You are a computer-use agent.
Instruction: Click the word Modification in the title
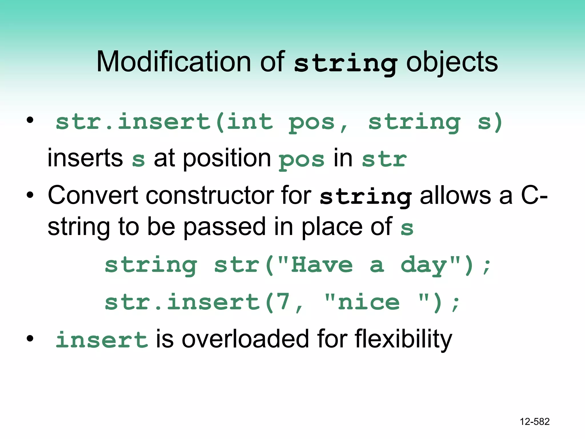(174, 62)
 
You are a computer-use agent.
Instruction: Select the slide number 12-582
(534, 422)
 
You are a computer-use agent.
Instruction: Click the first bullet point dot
(30, 120)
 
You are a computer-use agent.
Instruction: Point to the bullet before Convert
(30, 195)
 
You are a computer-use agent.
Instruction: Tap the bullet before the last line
(30, 339)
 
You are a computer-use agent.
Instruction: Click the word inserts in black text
(85, 158)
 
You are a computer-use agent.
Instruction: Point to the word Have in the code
(322, 265)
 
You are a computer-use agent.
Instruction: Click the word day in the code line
(424, 266)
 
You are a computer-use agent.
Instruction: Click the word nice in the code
(368, 302)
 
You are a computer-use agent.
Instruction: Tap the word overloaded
(245, 339)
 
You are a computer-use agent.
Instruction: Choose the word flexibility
(403, 340)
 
